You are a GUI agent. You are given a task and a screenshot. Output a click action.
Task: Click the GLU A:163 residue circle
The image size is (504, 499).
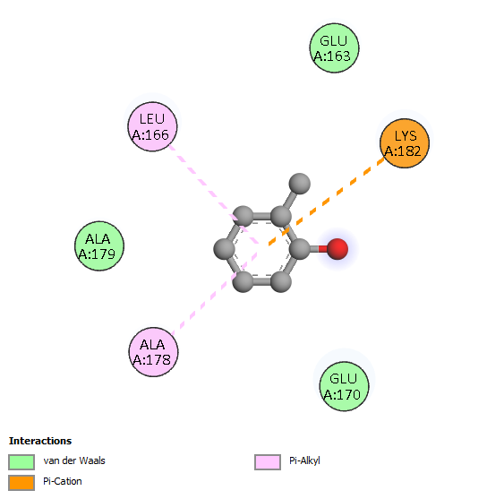click(x=334, y=48)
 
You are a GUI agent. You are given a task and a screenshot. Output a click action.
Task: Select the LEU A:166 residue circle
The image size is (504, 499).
click(x=152, y=126)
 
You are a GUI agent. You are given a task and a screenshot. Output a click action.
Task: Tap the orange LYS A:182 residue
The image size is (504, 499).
click(x=405, y=143)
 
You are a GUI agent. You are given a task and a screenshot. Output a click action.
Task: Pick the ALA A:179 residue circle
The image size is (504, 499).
click(x=99, y=246)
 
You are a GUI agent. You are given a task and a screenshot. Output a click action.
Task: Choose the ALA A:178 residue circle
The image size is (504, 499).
click(x=153, y=352)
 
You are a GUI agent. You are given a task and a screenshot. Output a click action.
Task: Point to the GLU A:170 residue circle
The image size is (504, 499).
click(x=344, y=386)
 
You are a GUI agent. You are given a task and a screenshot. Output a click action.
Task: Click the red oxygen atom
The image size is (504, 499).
click(x=337, y=249)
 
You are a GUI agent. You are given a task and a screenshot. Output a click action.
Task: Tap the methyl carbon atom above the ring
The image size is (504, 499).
click(x=300, y=184)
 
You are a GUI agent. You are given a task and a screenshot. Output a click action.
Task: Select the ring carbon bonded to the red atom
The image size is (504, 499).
click(x=300, y=249)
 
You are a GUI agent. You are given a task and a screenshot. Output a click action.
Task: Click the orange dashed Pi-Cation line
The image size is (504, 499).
click(x=327, y=202)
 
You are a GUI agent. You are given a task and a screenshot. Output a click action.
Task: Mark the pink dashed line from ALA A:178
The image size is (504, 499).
click(x=214, y=294)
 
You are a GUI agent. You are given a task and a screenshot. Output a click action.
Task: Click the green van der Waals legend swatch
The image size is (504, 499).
click(x=21, y=462)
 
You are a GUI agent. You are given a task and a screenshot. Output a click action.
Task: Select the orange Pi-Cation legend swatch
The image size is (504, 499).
click(x=21, y=483)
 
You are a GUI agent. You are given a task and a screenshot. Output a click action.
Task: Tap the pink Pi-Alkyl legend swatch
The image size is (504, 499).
click(x=268, y=462)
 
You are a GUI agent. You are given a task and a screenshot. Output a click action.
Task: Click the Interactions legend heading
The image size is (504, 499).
click(x=40, y=441)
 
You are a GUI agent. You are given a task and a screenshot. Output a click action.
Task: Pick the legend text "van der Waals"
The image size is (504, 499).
click(x=74, y=460)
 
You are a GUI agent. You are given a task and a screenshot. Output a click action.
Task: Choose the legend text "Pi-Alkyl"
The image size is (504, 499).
click(x=304, y=461)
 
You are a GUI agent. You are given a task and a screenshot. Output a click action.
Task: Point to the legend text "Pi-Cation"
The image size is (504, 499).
click(x=63, y=481)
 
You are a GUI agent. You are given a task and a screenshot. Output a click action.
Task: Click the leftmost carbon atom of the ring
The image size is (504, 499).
click(x=225, y=249)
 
